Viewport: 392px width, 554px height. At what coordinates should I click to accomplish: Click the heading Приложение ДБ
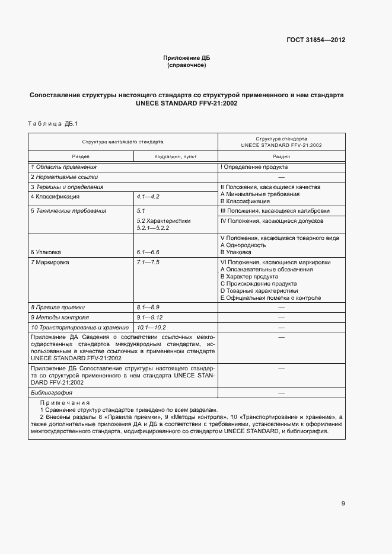[x=187, y=57]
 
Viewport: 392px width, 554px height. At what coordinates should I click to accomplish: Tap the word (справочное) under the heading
[x=187, y=65]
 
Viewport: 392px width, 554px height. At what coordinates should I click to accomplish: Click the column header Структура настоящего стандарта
[x=123, y=142]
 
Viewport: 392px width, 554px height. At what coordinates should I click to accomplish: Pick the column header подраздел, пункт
[x=175, y=157]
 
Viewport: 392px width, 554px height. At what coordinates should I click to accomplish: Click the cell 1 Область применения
[x=58, y=168]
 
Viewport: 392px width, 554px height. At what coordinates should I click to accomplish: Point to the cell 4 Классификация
[x=55, y=196]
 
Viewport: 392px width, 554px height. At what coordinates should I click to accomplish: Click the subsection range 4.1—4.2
[x=148, y=196]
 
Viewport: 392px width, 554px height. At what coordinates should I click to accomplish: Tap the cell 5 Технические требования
[x=68, y=210]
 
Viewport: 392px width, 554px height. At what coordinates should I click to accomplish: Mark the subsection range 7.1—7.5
[x=148, y=261]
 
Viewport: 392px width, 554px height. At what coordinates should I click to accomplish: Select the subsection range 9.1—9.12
[x=149, y=317]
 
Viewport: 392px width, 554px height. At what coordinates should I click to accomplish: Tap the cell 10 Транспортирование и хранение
[x=79, y=327]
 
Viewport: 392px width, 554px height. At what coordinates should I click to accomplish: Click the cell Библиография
[x=52, y=392]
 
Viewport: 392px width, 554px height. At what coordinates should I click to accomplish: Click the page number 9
[x=343, y=504]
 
